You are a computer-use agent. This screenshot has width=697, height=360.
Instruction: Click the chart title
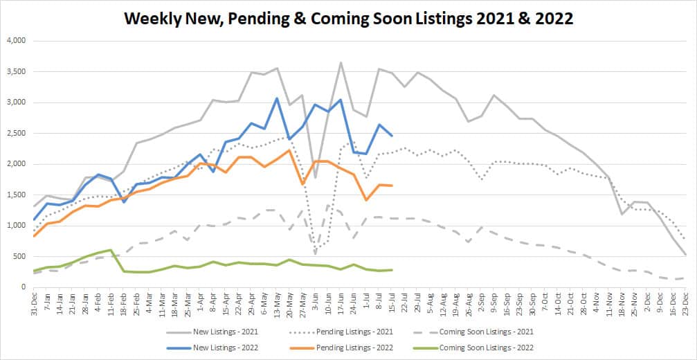point(348,18)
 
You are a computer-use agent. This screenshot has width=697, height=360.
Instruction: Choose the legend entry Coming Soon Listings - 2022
point(494,346)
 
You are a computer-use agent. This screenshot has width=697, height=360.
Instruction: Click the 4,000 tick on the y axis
point(15,41)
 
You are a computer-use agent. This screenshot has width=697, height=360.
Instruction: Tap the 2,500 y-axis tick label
point(15,133)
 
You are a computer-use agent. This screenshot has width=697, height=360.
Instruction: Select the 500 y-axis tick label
point(19,256)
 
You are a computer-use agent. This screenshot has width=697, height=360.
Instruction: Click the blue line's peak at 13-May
point(277,98)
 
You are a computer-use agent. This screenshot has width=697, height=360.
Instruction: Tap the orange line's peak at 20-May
point(289,150)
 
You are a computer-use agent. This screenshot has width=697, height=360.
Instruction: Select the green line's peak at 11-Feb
point(111,250)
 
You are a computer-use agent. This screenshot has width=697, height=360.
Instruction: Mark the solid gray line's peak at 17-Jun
point(341,62)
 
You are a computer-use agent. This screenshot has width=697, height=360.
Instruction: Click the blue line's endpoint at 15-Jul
point(392,136)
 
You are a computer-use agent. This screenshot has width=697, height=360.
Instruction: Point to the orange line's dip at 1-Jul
point(366,200)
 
